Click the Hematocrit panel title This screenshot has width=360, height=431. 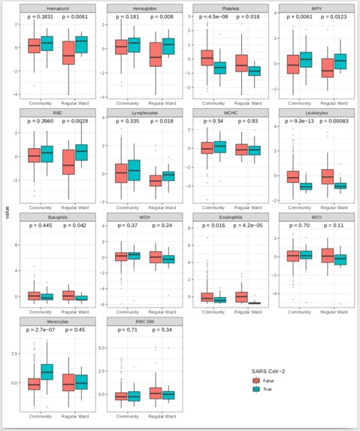point(57,8)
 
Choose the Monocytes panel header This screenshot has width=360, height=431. point(57,321)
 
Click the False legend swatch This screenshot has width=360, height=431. point(257,381)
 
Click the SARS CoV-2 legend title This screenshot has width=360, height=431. point(272,370)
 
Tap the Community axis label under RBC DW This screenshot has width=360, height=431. point(124,414)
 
